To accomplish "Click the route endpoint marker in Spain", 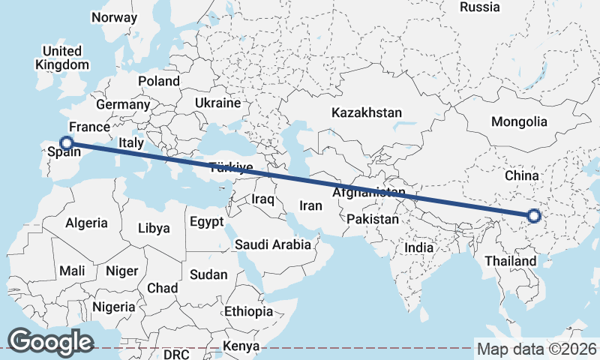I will (67, 142).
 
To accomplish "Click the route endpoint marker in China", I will (533, 216).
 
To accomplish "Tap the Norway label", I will (113, 17).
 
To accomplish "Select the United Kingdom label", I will (62, 58).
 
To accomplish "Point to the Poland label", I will (158, 81).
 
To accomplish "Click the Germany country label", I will (123, 104).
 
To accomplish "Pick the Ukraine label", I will (217, 103).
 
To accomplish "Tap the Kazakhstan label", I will (367, 112).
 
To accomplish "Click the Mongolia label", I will (519, 121).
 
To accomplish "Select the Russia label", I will (479, 7).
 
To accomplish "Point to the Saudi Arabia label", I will (272, 244).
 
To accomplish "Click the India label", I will (418, 247).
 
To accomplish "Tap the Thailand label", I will (511, 262).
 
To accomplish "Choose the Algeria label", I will (86, 223).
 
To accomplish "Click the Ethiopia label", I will (248, 311).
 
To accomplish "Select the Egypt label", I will (206, 222).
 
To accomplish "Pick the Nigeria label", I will (114, 307).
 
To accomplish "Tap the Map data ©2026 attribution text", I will (536, 349).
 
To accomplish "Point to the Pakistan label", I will (373, 220).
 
